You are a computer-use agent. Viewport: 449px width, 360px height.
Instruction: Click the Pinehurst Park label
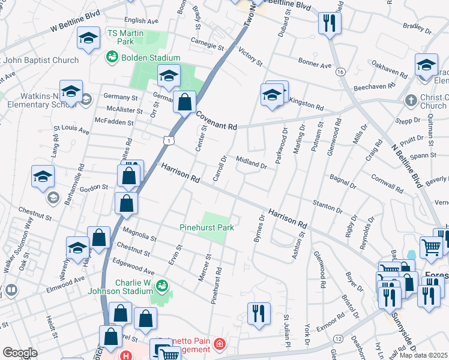(x=206, y=227)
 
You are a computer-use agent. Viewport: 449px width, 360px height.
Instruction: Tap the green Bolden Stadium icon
(x=112, y=58)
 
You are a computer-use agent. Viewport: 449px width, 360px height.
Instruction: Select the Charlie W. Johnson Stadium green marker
(x=161, y=286)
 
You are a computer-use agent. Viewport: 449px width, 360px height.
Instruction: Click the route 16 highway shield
(x=340, y=71)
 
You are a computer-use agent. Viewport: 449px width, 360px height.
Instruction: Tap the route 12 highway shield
(x=340, y=340)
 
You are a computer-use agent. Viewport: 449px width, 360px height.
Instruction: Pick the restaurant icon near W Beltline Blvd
(x=328, y=23)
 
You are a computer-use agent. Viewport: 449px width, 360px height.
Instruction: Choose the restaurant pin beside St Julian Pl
(x=259, y=311)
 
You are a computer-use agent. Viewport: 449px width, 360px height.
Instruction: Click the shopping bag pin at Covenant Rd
(x=185, y=101)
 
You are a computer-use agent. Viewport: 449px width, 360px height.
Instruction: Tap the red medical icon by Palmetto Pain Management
(x=220, y=344)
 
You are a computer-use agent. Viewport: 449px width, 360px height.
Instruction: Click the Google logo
(x=20, y=352)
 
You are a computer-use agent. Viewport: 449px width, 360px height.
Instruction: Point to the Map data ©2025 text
(x=423, y=355)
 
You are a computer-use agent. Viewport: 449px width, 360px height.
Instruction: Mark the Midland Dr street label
(x=251, y=163)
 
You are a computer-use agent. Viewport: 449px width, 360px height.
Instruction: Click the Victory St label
(x=250, y=56)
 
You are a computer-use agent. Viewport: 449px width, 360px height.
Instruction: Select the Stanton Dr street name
(x=327, y=207)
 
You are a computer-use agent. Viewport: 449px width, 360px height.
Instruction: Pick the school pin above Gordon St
(x=43, y=176)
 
